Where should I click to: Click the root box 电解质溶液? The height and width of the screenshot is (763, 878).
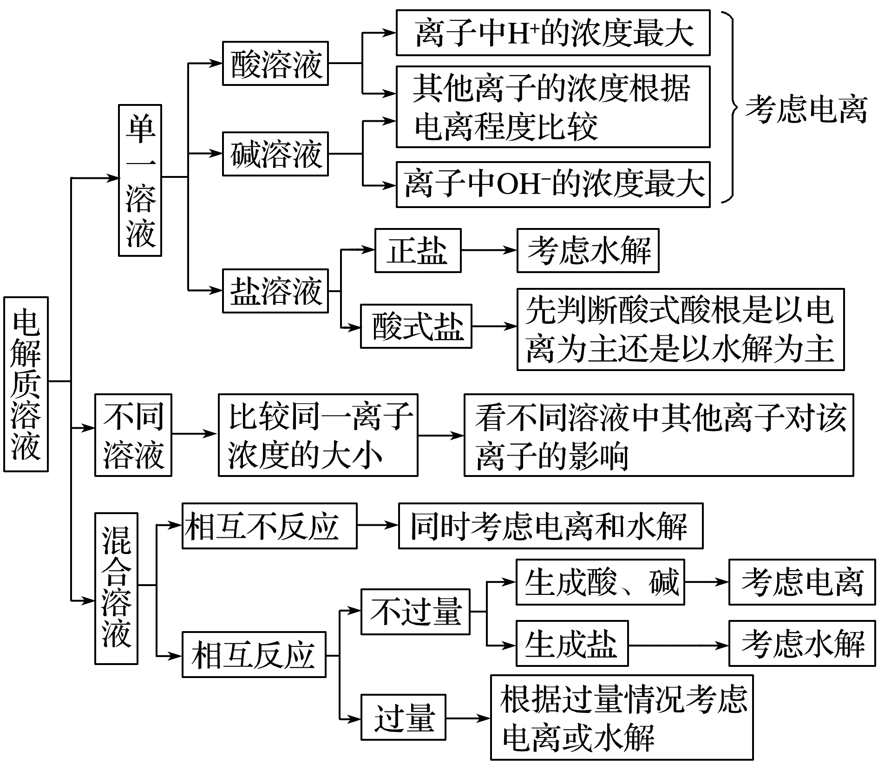tap(26, 384)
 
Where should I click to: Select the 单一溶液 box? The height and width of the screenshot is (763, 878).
tap(140, 180)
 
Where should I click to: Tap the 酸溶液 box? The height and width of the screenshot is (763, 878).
tap(275, 64)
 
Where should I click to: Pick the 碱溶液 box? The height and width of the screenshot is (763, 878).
tap(275, 154)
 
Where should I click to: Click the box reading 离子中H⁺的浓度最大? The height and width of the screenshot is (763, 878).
tap(553, 33)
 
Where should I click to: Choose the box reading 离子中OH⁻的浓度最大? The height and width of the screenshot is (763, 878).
tap(553, 184)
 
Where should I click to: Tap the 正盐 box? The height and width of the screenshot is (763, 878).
tap(418, 250)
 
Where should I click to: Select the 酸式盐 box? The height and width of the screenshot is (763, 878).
tap(416, 326)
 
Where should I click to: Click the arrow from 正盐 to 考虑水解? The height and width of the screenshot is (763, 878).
tap(489, 250)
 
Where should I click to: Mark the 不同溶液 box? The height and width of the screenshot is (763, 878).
tap(133, 435)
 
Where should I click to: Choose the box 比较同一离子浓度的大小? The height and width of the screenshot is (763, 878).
tap(318, 435)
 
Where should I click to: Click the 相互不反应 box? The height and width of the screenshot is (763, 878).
tap(269, 526)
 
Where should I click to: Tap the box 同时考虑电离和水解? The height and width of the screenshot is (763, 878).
tap(550, 526)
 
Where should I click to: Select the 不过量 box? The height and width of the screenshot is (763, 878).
tap(415, 612)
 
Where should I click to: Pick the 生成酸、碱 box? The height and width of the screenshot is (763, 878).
tap(600, 582)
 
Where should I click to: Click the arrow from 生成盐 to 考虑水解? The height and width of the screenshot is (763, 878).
tap(678, 646)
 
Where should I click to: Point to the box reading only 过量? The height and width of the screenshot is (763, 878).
tap(403, 717)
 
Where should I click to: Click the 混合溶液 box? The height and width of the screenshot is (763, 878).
tap(116, 588)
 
